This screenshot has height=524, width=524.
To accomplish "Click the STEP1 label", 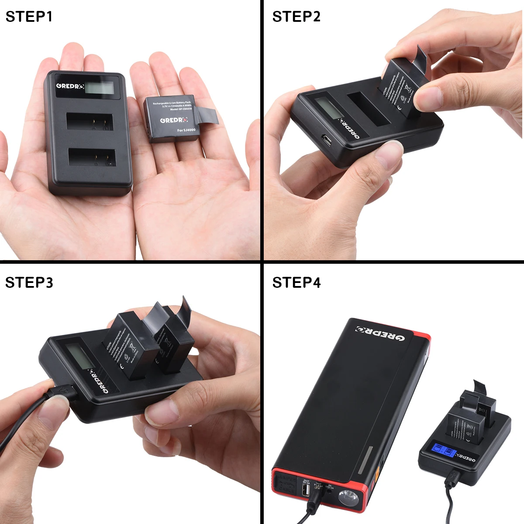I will [29, 17].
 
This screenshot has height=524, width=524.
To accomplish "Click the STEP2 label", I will [296, 17].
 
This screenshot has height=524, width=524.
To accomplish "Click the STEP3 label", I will [29, 283].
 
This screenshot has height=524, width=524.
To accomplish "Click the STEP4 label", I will [296, 283].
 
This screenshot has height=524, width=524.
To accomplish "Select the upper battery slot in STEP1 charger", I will [89, 121].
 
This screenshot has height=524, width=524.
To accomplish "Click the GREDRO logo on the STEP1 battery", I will [174, 119].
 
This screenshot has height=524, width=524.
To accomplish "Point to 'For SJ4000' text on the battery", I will [186, 130].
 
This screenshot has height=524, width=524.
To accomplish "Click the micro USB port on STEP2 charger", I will [327, 140].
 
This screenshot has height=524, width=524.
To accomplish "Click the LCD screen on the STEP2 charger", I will [327, 107].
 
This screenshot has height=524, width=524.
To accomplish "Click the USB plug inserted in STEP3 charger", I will [61, 390].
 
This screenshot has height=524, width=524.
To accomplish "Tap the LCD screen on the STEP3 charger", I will [79, 356].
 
